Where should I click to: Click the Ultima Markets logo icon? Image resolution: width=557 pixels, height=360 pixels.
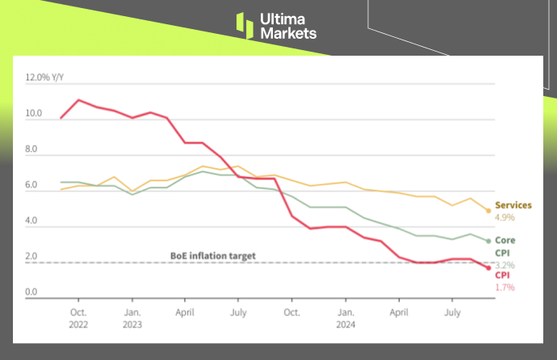click(x=245, y=25)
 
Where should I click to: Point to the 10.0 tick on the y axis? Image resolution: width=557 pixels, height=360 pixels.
click(x=33, y=114)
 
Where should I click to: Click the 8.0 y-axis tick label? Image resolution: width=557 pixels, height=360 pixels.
click(x=31, y=149)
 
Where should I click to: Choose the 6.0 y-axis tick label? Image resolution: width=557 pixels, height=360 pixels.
click(x=31, y=185)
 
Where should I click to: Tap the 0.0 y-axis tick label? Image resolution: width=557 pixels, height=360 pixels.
click(x=31, y=292)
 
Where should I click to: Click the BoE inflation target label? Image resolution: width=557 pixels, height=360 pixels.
click(x=213, y=256)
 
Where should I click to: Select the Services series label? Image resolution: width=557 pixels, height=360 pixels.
click(x=513, y=205)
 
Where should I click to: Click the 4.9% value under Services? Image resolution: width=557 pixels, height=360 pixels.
click(x=505, y=217)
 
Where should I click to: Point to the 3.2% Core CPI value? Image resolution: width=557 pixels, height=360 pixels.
click(x=505, y=265)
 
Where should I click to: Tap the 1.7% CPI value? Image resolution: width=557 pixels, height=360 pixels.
click(x=505, y=287)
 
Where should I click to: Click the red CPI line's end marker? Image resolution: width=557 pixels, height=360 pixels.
click(x=488, y=268)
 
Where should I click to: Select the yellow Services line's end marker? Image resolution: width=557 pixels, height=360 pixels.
click(x=488, y=211)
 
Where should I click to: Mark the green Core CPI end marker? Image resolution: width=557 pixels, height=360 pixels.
click(x=488, y=241)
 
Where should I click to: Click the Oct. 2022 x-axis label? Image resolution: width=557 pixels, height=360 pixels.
click(x=78, y=316)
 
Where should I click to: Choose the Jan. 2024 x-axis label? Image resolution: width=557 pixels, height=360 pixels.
click(x=346, y=316)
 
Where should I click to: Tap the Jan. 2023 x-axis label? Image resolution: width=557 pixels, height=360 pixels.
click(x=132, y=316)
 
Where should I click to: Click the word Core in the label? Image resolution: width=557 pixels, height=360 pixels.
click(x=505, y=240)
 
